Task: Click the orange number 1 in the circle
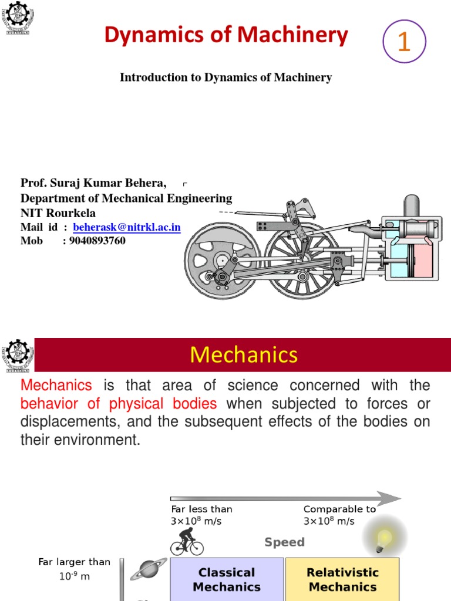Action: pos(403,42)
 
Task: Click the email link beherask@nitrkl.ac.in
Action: pos(127,227)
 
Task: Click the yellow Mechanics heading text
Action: pos(244,354)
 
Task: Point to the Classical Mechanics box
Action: pos(227,579)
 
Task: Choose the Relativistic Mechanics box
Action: pos(342,579)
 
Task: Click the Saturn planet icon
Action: pos(144,569)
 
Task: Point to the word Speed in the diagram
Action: pos(284,542)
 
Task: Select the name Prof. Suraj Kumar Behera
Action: pos(93,184)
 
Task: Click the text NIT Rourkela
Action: pos(58,212)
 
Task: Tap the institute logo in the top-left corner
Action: pos(18,19)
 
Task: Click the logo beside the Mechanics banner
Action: pos(18,355)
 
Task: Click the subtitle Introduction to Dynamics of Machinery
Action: pos(225,77)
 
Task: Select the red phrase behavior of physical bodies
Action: pos(119,404)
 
